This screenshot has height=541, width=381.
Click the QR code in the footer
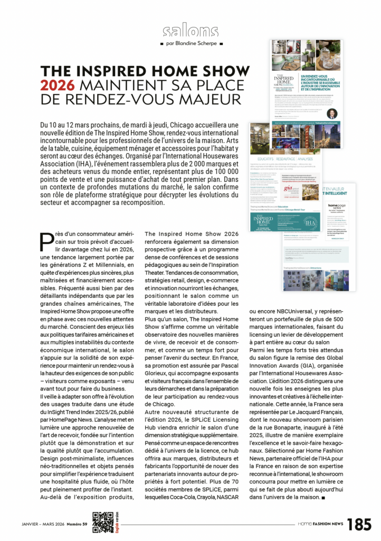point(102,522)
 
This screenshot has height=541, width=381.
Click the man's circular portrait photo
point(331,114)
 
